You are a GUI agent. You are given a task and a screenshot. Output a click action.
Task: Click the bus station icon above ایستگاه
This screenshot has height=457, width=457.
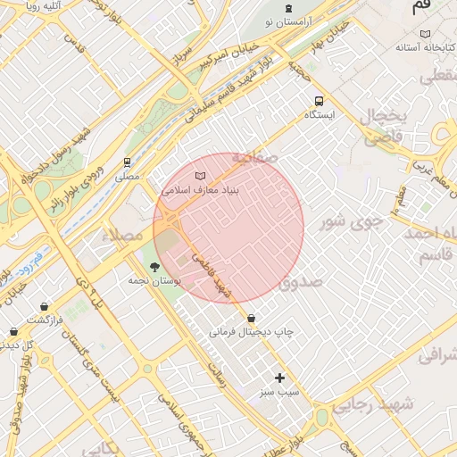click(x=320, y=101)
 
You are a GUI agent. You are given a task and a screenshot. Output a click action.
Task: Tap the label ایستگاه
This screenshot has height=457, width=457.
click(x=320, y=115)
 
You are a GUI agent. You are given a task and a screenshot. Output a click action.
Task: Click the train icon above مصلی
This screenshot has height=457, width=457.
click(x=128, y=162)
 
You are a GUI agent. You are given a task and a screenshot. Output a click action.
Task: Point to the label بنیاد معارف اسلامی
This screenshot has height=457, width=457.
click(x=202, y=189)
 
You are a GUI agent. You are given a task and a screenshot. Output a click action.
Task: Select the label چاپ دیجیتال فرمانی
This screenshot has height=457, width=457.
click(x=252, y=332)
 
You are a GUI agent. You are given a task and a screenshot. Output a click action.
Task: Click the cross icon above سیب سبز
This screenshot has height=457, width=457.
click(x=279, y=378)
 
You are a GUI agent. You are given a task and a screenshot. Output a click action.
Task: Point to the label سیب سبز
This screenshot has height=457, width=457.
click(x=279, y=392)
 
